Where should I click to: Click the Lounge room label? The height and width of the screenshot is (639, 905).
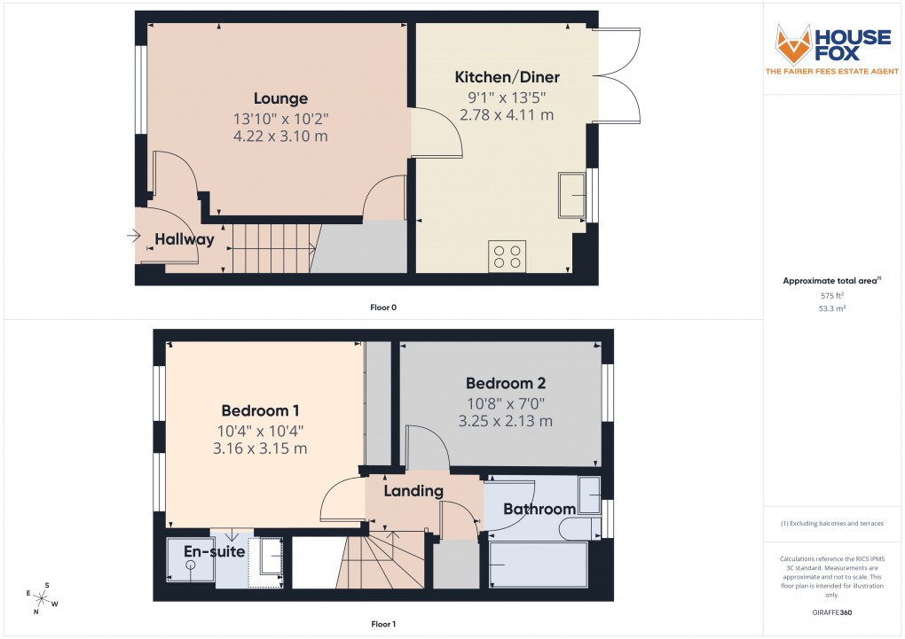point(280,98)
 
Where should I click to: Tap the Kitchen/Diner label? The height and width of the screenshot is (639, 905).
point(501,77)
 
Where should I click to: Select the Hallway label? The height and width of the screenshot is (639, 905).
point(185,239)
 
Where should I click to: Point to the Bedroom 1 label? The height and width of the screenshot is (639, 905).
point(260,410)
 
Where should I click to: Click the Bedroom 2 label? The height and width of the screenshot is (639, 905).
point(506,384)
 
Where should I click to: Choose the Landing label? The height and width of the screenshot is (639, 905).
point(413,491)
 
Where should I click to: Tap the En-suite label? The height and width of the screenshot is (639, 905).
point(208,551)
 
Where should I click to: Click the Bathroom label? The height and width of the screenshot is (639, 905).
point(539,509)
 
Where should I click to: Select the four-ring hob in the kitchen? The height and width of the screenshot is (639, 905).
point(507,256)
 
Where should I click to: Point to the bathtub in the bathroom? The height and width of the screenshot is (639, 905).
point(538,565)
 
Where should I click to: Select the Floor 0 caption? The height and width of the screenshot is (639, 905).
point(383,308)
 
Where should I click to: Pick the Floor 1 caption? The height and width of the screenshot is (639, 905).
point(383,624)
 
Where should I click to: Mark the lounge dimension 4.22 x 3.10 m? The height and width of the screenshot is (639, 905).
point(280,136)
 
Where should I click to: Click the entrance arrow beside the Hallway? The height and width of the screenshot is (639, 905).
point(134,236)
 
